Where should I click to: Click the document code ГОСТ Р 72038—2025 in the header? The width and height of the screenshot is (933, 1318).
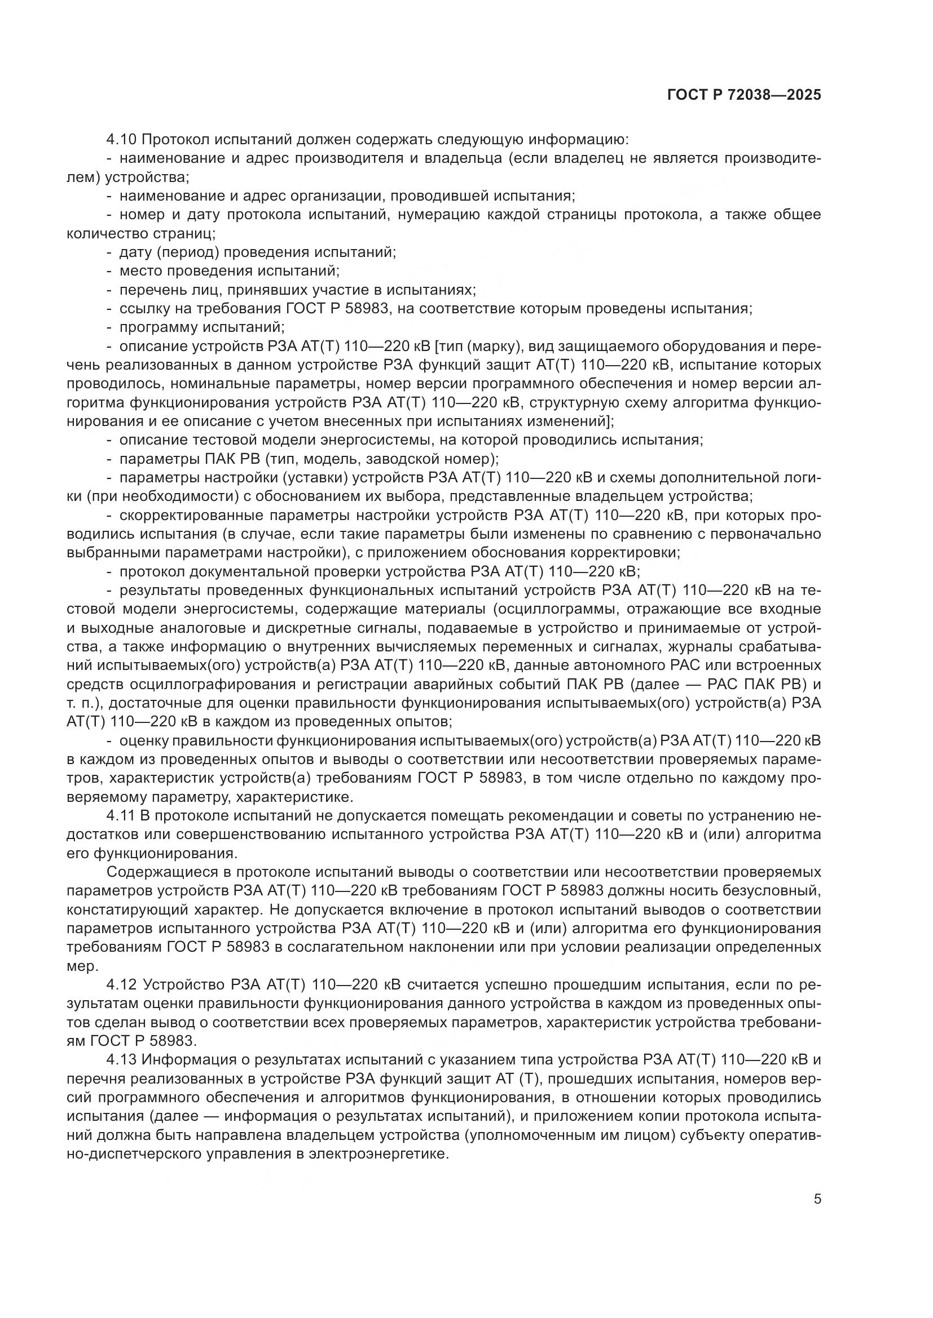744,95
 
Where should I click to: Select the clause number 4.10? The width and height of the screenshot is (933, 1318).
121,140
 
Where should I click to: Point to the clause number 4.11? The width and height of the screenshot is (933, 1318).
121,816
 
